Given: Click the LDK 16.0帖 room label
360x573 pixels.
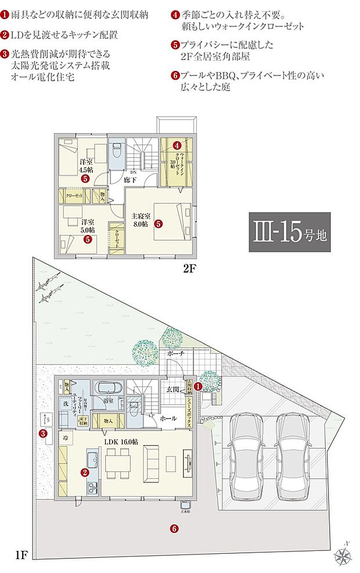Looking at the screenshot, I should pos(121,442).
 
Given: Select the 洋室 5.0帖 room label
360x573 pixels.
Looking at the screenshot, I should pos(88,225).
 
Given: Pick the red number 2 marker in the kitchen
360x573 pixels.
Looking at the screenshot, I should pos(85,472).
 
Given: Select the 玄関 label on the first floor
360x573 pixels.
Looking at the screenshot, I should pos(172,389).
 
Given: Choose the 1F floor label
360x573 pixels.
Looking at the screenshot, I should pos(21,555).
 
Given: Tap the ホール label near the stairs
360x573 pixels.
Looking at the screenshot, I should pos(168,418).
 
